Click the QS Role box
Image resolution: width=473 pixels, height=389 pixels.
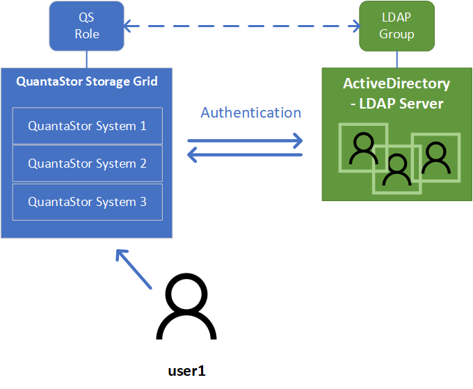(87, 26)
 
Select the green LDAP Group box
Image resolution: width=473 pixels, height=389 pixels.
(396, 26)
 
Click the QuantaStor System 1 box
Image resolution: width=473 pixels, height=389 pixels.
(87, 126)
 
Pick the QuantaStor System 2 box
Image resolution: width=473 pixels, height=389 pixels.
(87, 164)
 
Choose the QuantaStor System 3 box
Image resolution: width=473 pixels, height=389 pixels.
(87, 202)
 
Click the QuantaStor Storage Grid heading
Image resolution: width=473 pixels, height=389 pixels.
(87, 81)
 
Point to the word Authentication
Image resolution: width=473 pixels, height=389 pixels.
(250, 113)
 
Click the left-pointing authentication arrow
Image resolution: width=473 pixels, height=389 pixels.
(245, 154)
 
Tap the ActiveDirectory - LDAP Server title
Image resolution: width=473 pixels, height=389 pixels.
(396, 93)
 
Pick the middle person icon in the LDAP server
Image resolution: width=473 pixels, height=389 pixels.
(397, 168)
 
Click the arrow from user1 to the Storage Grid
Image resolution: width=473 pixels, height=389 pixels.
(134, 269)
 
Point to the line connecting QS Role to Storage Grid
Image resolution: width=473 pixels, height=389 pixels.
(87, 59)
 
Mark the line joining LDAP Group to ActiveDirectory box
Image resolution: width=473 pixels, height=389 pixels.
(396, 59)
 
